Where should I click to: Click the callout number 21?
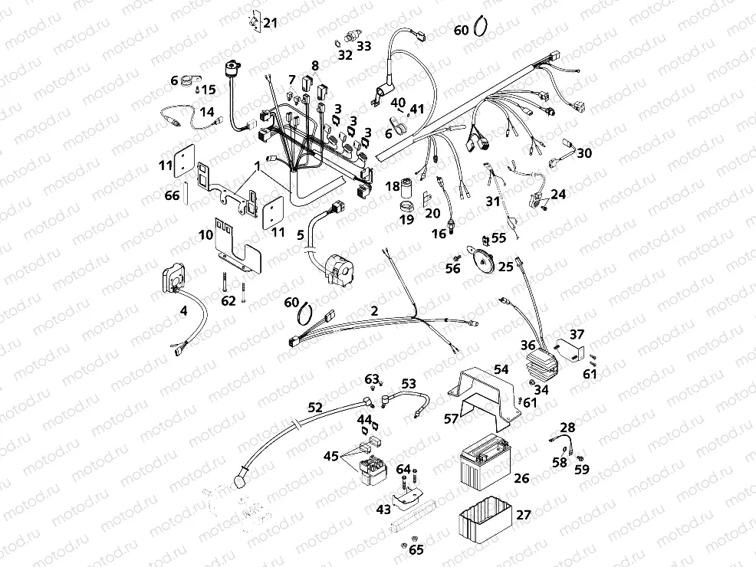pos(270,23)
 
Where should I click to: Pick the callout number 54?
pos(501,369)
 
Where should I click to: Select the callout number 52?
pos(315,408)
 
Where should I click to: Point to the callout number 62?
pos(228,300)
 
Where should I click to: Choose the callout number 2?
pos(374,310)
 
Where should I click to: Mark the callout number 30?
pos(584,153)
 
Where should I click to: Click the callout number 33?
pos(363,46)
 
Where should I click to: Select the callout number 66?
pos(171,195)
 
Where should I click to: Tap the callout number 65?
pos(416,549)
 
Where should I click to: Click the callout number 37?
pos(576,334)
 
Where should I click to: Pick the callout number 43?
pos(383,509)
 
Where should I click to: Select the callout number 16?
pos(438,234)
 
